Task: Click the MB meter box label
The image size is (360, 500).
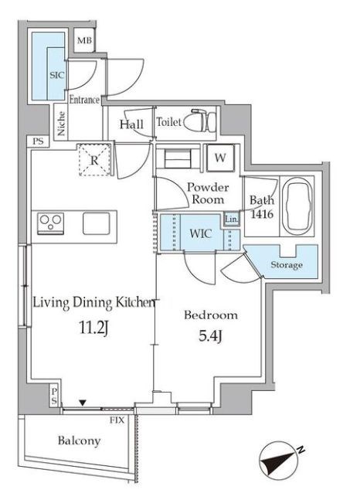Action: pos(84,40)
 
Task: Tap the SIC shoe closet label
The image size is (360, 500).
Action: pos(56,75)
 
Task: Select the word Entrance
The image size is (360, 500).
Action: pos(84,100)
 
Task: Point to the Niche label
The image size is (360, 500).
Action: pos(61,123)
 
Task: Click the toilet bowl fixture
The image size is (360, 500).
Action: pos(199,121)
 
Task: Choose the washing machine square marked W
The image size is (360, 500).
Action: pos(220,158)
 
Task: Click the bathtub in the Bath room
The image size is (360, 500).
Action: pos(297,206)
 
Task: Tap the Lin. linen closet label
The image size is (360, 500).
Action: pos(231,219)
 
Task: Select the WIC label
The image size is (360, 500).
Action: pos(201,233)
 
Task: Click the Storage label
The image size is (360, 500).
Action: pos(287,264)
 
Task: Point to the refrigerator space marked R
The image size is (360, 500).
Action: pos(95,160)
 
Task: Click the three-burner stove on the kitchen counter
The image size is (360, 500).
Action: pos(51,223)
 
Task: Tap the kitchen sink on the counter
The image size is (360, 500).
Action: pos(97,223)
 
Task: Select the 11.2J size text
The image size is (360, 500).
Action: pos(93,328)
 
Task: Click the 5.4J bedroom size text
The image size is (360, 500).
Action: pos(210,335)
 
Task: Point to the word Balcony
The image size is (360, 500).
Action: pos(79,441)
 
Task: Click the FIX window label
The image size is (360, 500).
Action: pos(117,420)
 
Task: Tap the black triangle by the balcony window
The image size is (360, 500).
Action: pos(83,403)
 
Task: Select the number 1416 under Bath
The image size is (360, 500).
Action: pos(262,213)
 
